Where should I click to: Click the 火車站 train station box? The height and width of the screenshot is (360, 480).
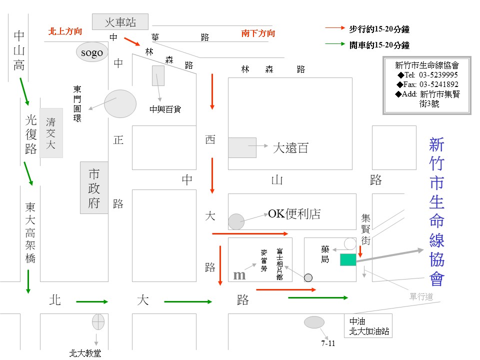coord(120,22)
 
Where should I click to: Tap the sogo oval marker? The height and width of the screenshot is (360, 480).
coord(92,52)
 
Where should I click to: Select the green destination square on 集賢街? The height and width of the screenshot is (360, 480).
coord(347,259)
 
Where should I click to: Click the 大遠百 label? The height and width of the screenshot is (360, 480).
coord(290,147)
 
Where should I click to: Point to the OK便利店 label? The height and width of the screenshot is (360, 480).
coord(294,214)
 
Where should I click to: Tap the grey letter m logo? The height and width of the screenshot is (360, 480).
coord(239,275)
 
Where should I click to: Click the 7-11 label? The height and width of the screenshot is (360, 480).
coord(328,343)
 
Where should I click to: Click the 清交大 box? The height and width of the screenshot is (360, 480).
coord(51,133)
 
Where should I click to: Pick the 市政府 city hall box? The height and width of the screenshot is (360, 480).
coord(94,187)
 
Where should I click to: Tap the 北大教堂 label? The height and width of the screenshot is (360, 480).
coord(85,353)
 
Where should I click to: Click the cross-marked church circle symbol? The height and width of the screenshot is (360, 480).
coord(98,322)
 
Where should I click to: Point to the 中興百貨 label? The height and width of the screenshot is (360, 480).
coord(164,109)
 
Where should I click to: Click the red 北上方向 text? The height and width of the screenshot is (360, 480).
coord(65,31)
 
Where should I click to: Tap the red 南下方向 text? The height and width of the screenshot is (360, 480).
coord(258,33)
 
